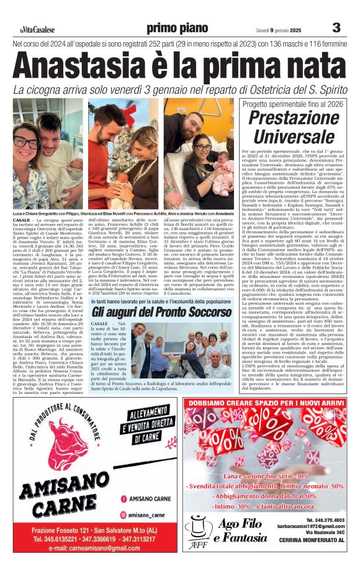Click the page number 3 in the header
336,27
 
